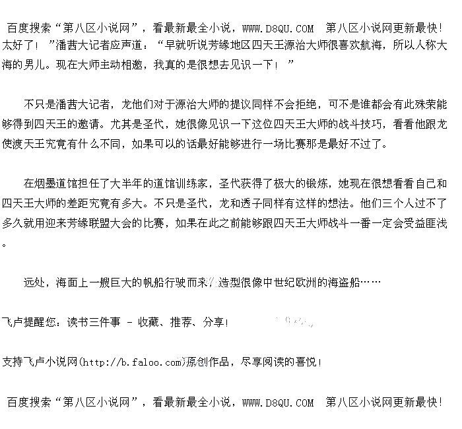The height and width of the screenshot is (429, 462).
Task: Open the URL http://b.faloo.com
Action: click(x=132, y=362)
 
